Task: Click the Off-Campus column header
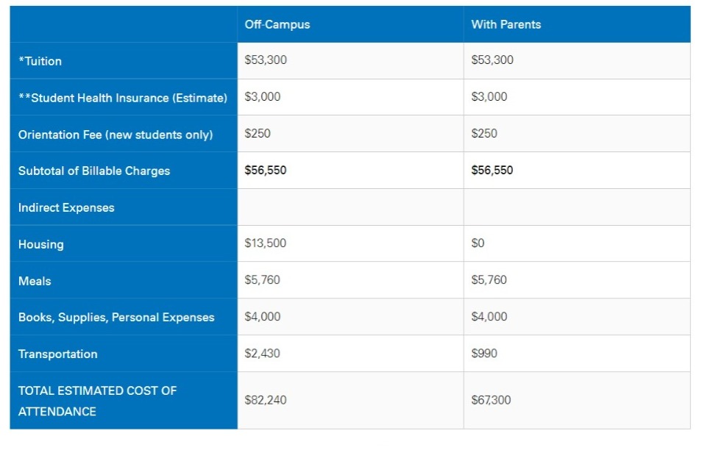pos(277,25)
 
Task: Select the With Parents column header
pos(506,25)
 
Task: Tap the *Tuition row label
pos(40,61)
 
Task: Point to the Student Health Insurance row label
pos(123,98)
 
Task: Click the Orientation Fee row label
pos(116,135)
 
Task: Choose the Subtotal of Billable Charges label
pos(94,171)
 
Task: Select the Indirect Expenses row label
pos(66,207)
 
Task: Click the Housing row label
pos(41,244)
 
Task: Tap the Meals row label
pos(35,281)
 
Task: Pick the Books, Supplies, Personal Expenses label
pos(116,318)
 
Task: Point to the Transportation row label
pos(58,354)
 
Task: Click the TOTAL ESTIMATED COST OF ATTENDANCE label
pos(97,401)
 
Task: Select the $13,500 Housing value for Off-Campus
pos(265,243)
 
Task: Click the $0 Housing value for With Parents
pos(478,243)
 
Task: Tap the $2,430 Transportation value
pos(262,354)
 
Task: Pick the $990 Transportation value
pos(484,354)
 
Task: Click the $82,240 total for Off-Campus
pos(266,400)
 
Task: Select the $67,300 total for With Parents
pos(491,400)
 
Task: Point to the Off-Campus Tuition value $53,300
pos(266,60)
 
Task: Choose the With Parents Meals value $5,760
pos(489,280)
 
